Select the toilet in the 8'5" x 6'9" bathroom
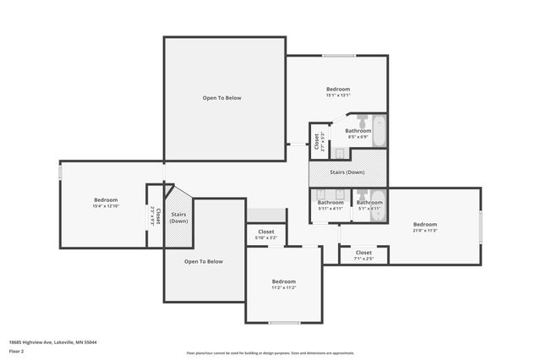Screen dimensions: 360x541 point(361,119)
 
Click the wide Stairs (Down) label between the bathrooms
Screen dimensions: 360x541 point(348,172)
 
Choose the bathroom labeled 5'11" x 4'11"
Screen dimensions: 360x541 point(331,205)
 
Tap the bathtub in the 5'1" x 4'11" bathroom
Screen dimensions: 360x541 point(378,205)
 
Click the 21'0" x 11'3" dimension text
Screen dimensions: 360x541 point(424,230)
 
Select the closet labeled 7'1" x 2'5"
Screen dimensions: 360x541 point(363,254)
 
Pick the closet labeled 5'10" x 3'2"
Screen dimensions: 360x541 point(266,234)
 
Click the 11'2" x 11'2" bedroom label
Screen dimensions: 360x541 point(283,284)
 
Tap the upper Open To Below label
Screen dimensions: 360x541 point(221,98)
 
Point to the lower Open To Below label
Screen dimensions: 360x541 point(204,261)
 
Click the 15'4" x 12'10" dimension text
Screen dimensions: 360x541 point(106,206)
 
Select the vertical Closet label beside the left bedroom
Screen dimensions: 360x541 point(153,215)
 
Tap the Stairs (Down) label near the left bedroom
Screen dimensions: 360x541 point(178,217)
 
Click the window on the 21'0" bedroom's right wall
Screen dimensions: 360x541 point(480,226)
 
